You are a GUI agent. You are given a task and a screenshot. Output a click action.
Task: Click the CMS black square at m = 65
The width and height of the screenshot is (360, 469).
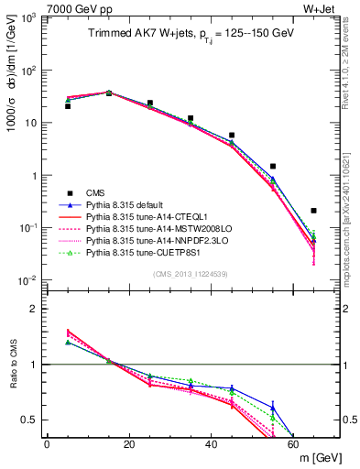coord(314,211)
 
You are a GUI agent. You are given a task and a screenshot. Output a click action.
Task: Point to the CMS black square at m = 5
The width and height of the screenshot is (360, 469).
coord(68,106)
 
